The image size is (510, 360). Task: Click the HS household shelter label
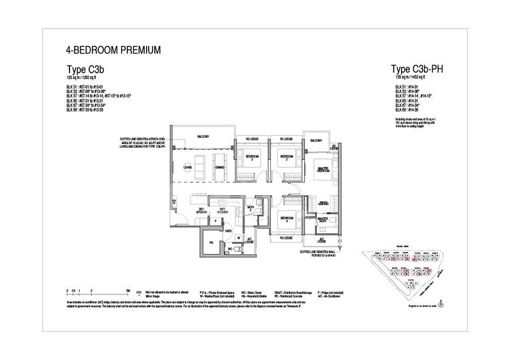(x=211, y=243)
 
